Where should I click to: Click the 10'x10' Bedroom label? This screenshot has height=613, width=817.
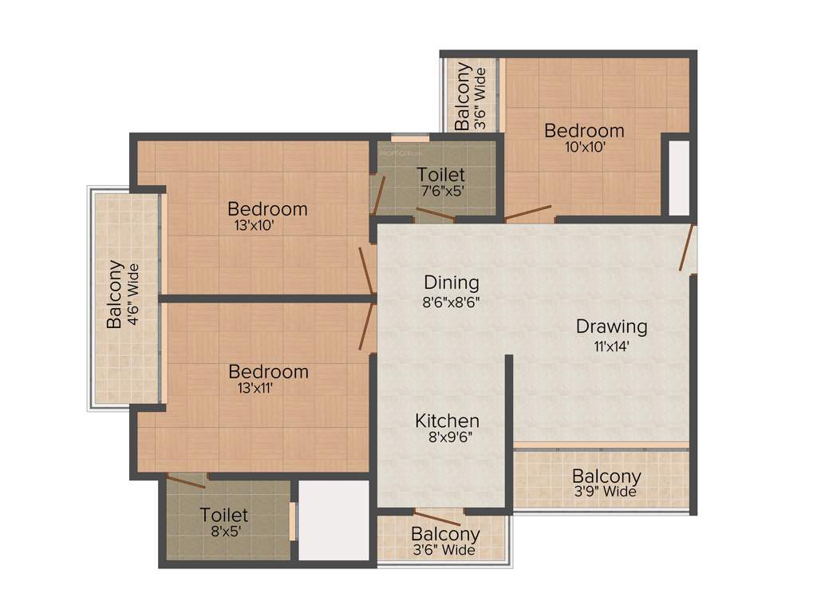[x=584, y=130]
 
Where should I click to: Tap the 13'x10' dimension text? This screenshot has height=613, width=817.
[x=253, y=225]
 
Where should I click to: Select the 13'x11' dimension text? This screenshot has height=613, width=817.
[x=253, y=388]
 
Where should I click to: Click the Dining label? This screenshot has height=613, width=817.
[x=452, y=283]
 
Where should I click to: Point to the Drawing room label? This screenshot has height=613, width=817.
[x=612, y=326]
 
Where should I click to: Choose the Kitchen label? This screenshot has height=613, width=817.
[x=448, y=421]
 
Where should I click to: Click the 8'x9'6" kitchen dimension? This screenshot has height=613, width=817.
[x=448, y=437]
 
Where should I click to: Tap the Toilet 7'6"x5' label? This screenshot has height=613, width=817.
[x=440, y=175]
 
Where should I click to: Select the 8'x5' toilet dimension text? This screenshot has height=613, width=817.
[x=224, y=532]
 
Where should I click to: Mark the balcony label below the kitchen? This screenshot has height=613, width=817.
[x=445, y=534]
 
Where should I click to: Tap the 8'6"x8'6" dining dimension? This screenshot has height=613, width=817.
[x=452, y=302]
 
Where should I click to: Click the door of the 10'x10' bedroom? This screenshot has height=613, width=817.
[x=527, y=212]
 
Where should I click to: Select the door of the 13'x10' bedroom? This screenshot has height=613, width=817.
[x=367, y=271]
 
